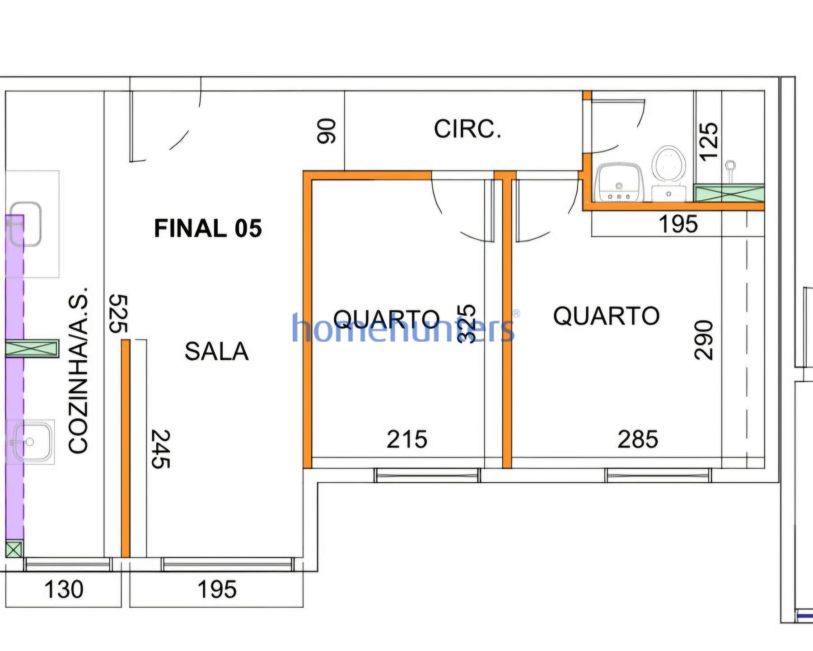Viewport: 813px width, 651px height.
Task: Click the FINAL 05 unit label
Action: [208, 228]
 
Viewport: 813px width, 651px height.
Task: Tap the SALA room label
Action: [216, 352]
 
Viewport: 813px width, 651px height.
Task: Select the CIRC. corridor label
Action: [467, 129]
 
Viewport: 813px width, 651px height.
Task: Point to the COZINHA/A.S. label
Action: [78, 369]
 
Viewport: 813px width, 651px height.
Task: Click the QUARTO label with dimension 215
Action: [386, 319]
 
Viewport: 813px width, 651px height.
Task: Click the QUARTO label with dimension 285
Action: [606, 316]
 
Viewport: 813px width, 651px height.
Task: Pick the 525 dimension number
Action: [119, 314]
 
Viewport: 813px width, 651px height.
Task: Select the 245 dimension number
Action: [161, 449]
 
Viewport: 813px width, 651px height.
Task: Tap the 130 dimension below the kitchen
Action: [64, 590]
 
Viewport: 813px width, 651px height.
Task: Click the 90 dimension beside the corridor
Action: [327, 131]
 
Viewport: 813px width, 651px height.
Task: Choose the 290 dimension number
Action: [703, 340]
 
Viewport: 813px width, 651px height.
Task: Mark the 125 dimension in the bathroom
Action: [708, 141]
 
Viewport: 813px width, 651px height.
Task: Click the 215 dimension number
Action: [407, 439]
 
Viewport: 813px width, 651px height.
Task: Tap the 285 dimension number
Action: [638, 439]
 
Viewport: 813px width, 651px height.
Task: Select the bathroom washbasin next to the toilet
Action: [620, 183]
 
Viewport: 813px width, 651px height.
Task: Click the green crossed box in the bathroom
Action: [729, 193]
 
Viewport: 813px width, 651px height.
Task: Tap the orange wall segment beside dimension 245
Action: [126, 448]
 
